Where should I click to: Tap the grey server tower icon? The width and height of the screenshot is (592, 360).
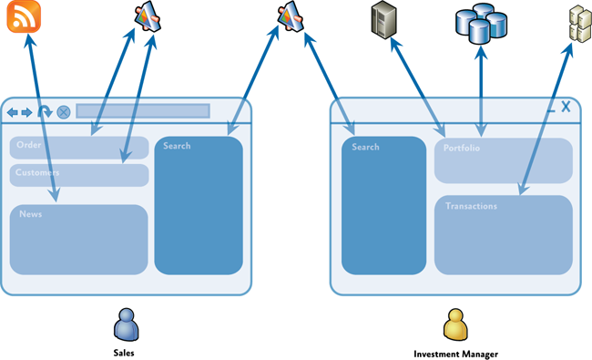point(384,19)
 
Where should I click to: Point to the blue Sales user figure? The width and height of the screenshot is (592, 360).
point(124,324)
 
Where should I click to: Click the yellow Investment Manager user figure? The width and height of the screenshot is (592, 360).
point(454,324)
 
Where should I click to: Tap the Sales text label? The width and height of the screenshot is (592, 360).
point(124,353)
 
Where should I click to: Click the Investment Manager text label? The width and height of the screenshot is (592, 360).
point(455,353)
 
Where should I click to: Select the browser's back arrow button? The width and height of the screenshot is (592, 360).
point(13,112)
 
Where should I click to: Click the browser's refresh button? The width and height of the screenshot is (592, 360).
point(45,111)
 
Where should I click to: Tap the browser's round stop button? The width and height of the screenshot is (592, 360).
point(64,112)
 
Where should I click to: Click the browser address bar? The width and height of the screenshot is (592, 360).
point(142,111)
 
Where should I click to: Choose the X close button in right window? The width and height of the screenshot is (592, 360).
point(566,107)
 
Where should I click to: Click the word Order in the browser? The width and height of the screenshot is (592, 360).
point(29,145)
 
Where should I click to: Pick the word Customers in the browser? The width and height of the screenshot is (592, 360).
point(37,172)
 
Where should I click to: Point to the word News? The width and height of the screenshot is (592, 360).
point(30,214)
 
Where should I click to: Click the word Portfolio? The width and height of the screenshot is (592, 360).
point(462,149)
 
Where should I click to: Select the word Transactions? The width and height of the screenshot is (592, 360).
point(471,206)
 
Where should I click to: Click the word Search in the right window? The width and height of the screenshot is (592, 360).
point(365,147)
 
